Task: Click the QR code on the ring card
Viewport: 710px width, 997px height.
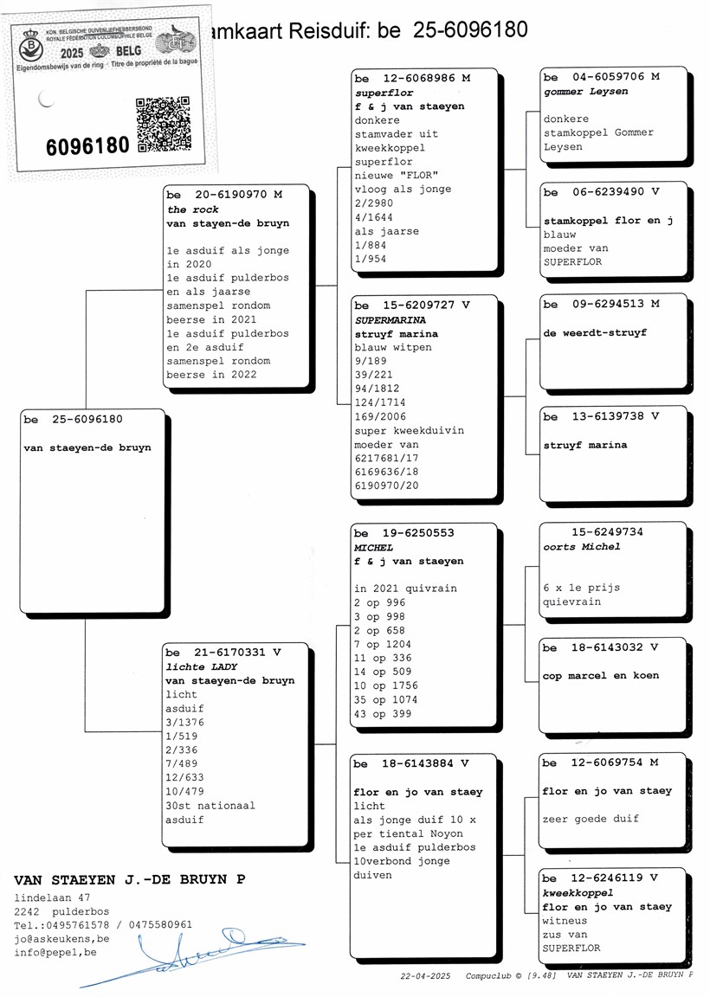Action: pos(163,125)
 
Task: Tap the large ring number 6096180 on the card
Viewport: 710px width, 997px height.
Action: pos(87,145)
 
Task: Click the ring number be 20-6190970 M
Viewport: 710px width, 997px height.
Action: pos(224,195)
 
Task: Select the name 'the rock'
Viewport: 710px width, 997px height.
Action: pos(192,209)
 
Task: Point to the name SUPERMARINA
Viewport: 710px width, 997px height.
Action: pos(390,319)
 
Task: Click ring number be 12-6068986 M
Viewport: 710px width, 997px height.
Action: pos(413,78)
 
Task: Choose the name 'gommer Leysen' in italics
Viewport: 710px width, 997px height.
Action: pos(585,91)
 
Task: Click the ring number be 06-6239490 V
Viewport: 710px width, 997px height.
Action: pos(601,192)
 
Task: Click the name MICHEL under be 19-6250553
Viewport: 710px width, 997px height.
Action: pos(373,548)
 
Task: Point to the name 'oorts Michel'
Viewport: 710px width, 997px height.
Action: pos(582,546)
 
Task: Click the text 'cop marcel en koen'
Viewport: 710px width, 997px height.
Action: pos(600,676)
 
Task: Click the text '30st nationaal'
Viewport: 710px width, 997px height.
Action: pos(210,806)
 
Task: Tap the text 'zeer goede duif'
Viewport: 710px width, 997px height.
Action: pos(591,819)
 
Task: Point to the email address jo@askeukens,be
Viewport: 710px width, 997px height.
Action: pos(61,939)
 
